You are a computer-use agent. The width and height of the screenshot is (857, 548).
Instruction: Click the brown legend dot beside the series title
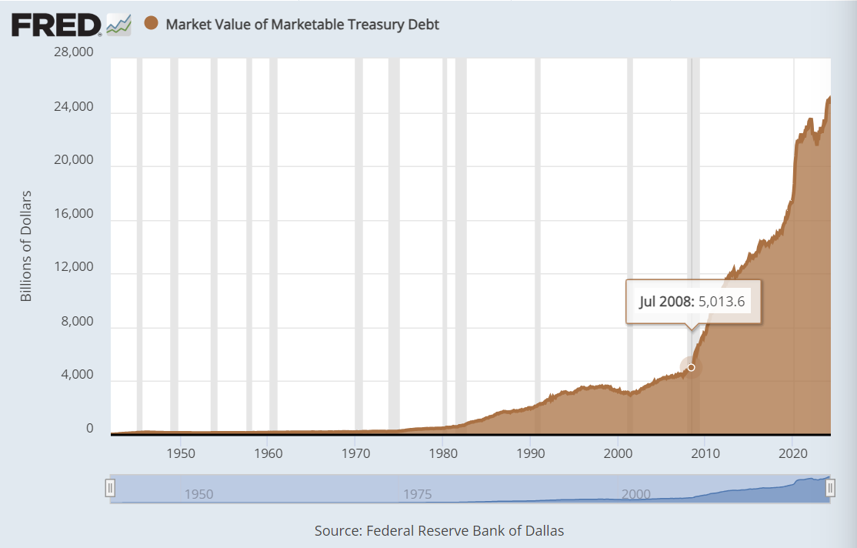(x=151, y=24)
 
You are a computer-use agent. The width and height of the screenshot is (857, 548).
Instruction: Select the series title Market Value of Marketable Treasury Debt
(x=302, y=25)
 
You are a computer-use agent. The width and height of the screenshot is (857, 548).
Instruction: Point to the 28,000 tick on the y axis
(x=72, y=53)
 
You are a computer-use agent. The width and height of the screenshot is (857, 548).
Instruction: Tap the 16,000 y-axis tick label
(x=72, y=214)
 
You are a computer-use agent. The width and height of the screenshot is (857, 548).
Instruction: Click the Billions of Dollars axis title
(x=26, y=245)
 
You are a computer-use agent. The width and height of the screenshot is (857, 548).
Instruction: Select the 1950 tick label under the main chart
(x=179, y=453)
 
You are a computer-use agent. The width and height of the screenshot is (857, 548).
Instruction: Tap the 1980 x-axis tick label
(x=443, y=453)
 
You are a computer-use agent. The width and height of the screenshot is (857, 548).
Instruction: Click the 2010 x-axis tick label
(x=705, y=453)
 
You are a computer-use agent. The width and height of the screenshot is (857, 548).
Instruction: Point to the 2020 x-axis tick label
(x=793, y=453)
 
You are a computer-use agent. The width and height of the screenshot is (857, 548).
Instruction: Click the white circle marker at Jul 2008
(x=691, y=367)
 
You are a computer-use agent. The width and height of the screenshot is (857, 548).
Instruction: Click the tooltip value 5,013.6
(x=721, y=301)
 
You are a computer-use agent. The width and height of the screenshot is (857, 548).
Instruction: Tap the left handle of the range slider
(x=110, y=488)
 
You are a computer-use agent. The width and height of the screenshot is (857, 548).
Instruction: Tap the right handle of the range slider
(x=830, y=488)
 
